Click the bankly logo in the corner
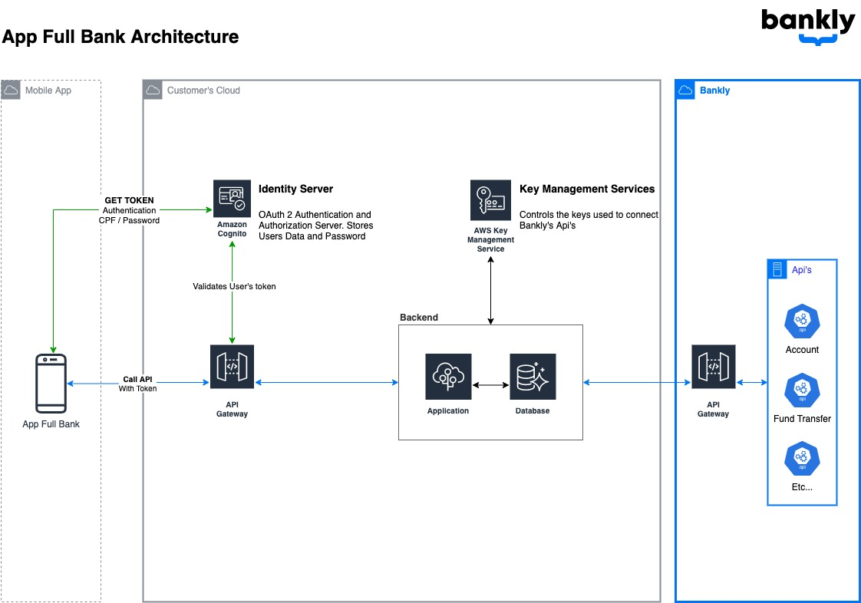click(807, 25)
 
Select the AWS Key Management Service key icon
click(490, 200)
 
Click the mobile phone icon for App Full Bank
click(51, 384)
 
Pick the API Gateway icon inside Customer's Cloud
click(232, 367)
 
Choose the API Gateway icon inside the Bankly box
click(713, 367)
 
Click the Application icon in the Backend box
click(448, 376)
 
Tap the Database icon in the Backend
click(533, 376)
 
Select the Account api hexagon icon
click(802, 321)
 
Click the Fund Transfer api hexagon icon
click(802, 390)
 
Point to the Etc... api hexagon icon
click(802, 459)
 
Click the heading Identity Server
click(295, 189)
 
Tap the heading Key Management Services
click(587, 189)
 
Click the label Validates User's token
click(234, 286)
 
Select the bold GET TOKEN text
click(129, 200)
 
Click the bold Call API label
click(137, 379)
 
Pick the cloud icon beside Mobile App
click(11, 91)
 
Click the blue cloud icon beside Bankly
click(685, 91)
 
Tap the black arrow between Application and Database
click(490, 384)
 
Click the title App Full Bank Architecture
click(120, 37)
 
